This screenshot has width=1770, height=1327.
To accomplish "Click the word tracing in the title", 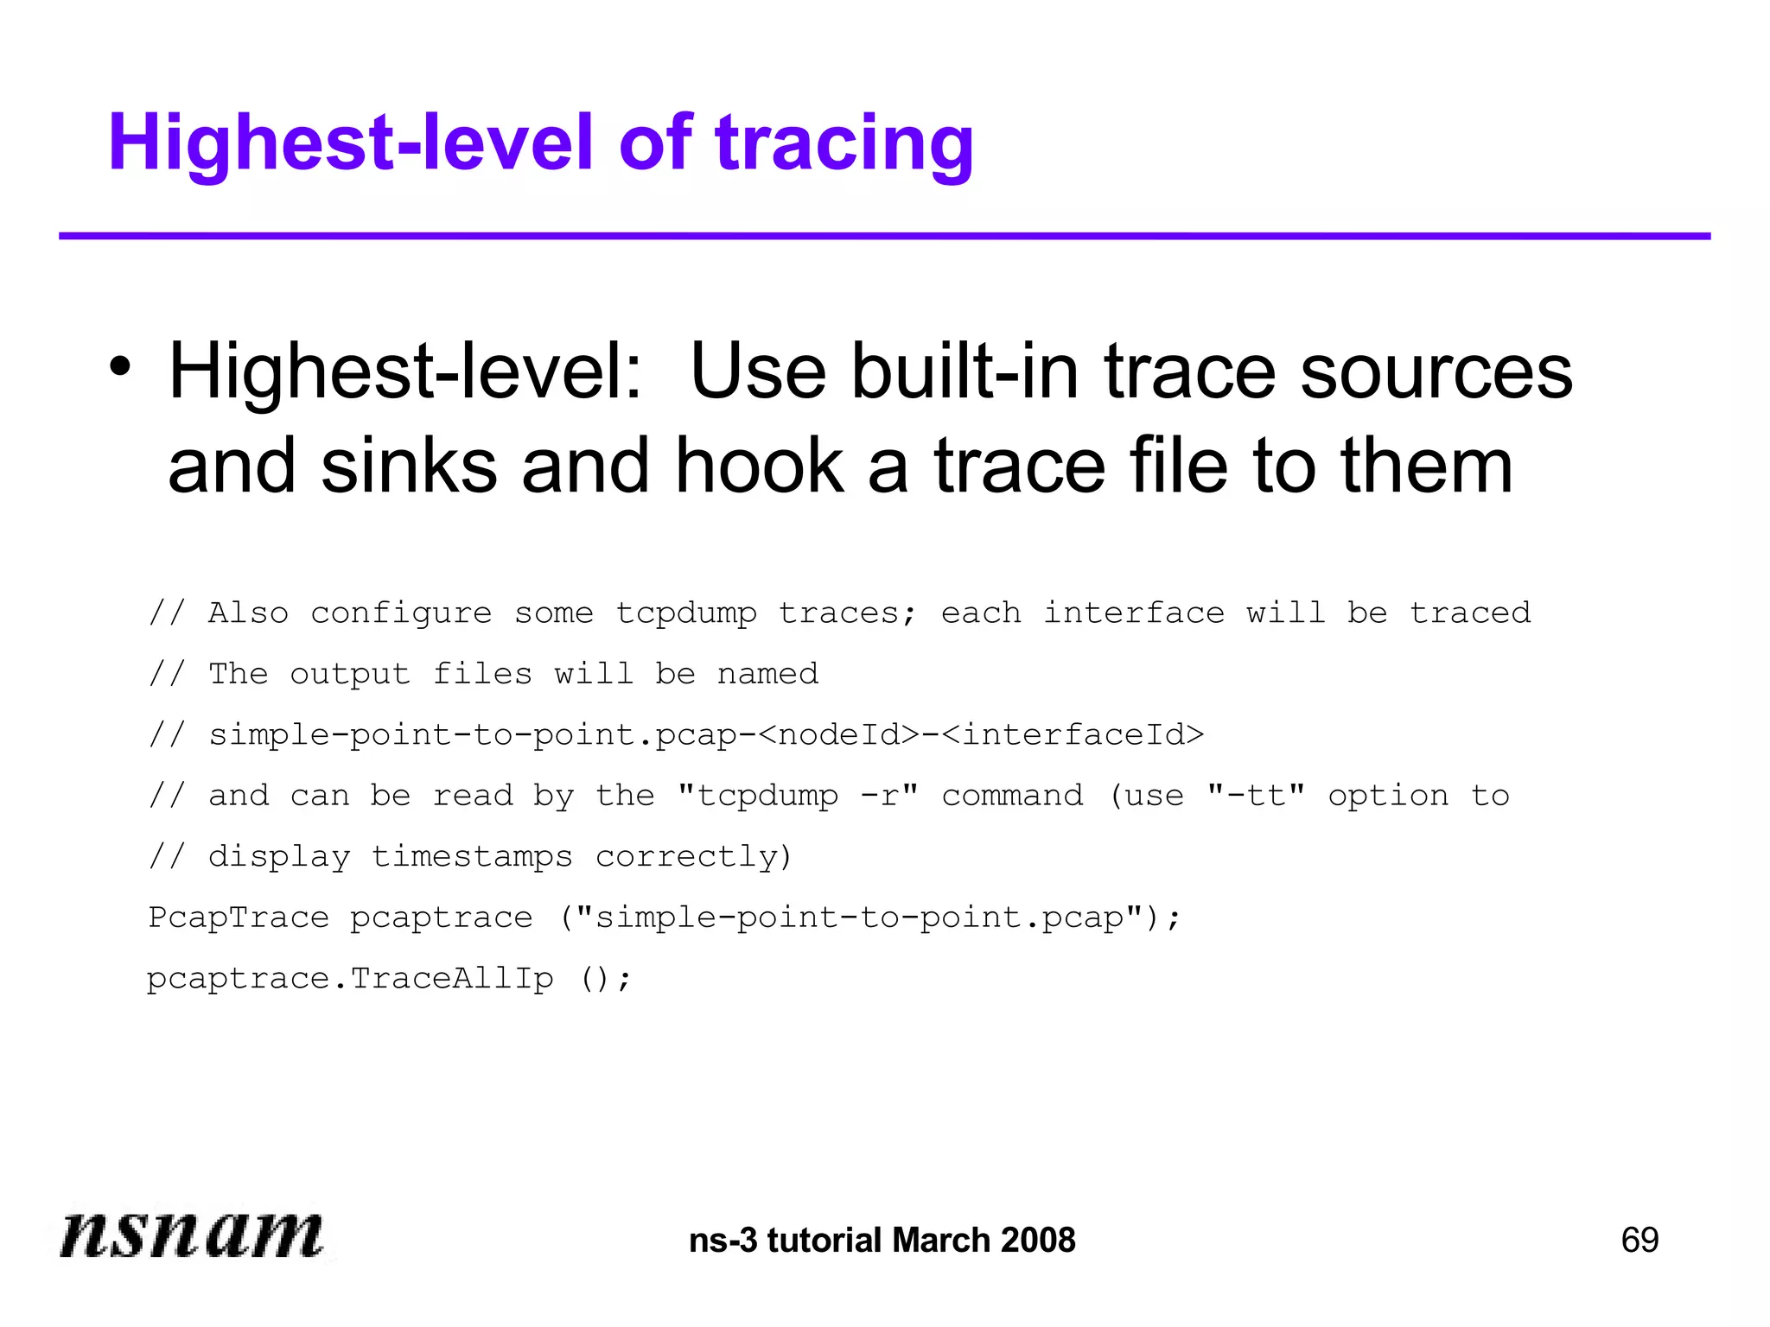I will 844,143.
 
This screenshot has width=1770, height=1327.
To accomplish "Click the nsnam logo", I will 192,1234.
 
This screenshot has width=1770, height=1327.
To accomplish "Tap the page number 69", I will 1639,1240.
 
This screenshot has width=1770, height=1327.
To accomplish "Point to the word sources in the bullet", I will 1436,371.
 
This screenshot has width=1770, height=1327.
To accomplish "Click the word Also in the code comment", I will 248,613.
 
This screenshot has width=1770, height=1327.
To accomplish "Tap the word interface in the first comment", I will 1133,613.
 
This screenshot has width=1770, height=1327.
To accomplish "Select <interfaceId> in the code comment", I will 1073,734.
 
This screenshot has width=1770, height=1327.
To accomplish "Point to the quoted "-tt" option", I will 1256,796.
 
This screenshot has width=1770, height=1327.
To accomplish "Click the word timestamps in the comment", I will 472,856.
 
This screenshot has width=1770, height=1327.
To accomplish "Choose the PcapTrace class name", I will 239,917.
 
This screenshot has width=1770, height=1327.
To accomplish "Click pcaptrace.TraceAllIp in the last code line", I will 350,979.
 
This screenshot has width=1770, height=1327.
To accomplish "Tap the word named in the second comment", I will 767,674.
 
